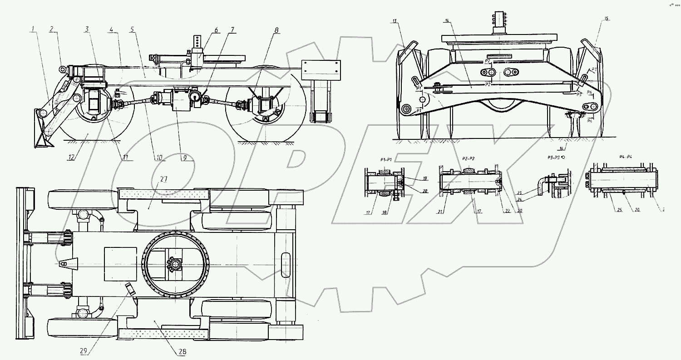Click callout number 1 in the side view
(34, 30)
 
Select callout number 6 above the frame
(217, 30)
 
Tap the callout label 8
(276, 30)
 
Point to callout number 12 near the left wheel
(72, 158)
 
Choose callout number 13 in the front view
(395, 21)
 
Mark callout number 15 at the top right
(607, 19)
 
